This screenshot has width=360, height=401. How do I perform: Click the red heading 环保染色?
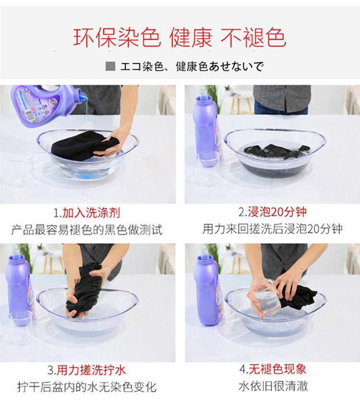[x=117, y=38]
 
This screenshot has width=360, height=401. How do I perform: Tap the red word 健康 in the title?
[x=191, y=38]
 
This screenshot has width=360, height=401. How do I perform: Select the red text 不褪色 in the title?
[x=253, y=38]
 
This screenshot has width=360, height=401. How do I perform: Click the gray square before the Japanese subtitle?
[x=110, y=66]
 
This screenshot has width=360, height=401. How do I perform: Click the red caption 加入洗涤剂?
[x=91, y=213]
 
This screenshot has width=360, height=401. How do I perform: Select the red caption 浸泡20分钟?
[x=277, y=212]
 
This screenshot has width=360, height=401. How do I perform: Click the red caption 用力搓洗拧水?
[x=91, y=370]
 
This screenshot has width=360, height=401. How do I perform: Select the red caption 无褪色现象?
[x=277, y=369]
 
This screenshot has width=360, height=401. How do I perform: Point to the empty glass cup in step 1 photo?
[x=21, y=169]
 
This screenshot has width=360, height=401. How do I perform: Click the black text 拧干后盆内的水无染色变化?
[x=87, y=387]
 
